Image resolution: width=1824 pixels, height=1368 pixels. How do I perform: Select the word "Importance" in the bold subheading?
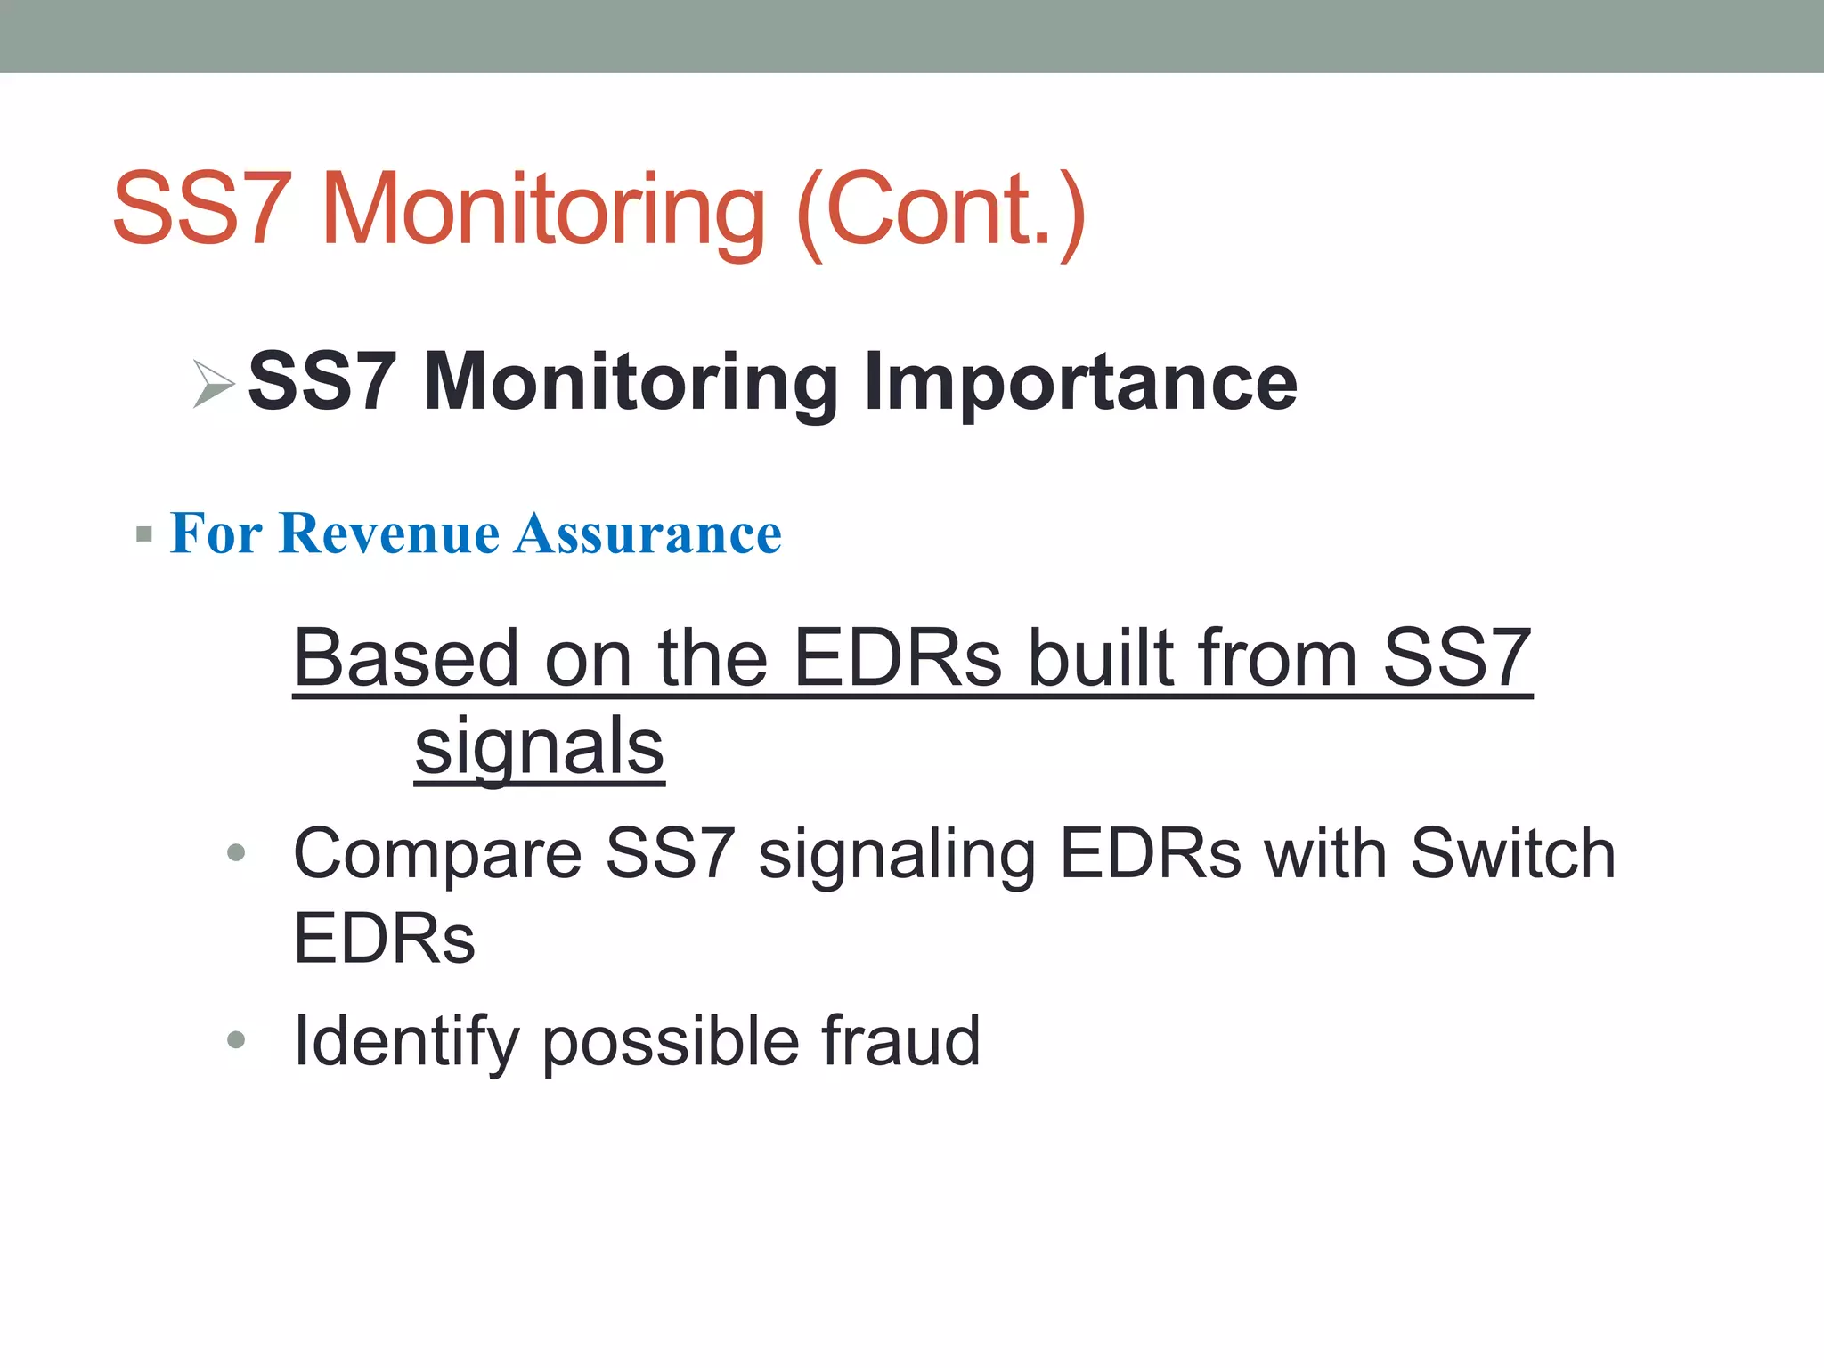point(1080,382)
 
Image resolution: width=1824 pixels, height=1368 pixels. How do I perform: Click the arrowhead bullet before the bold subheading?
point(214,385)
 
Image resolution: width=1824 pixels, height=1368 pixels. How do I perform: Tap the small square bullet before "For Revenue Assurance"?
point(144,535)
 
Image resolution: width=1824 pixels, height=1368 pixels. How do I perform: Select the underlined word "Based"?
point(406,658)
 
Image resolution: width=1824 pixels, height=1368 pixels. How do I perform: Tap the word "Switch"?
point(1513,853)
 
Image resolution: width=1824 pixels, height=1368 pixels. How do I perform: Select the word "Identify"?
point(406,1041)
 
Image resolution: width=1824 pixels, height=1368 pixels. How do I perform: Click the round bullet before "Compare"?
point(236,853)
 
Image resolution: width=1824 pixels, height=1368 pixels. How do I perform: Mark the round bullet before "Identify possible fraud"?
point(236,1039)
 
